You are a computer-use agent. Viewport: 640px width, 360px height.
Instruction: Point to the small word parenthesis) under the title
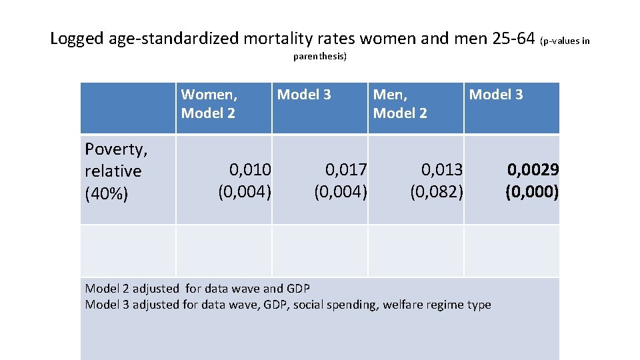(320, 57)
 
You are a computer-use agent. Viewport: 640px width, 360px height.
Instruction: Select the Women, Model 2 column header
(209, 104)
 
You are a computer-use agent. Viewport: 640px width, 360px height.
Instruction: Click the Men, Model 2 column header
(400, 104)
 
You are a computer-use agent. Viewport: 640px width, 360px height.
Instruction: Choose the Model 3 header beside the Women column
(304, 95)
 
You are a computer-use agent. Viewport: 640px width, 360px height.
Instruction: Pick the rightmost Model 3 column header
(496, 95)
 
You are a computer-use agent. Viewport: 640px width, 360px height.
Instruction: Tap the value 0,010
(250, 171)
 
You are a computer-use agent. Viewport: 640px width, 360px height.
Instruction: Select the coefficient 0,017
(346, 171)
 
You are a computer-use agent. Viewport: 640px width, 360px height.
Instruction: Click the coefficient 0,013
(442, 171)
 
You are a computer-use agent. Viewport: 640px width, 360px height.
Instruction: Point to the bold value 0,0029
(533, 170)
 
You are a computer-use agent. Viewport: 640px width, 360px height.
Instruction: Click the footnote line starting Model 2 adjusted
(197, 288)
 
